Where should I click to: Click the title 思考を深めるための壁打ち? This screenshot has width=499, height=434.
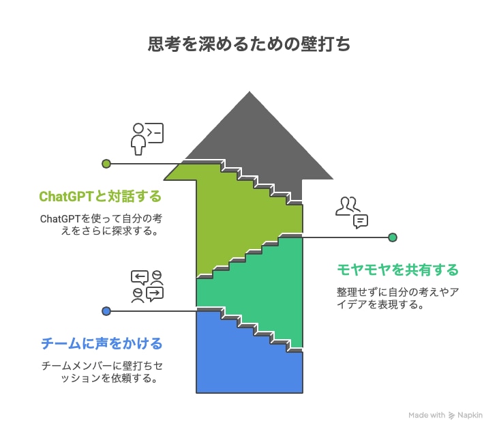249,45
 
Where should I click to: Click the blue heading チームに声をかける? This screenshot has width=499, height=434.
102,343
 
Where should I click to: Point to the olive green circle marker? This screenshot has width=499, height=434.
106,164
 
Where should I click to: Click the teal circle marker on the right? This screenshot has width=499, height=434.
393,237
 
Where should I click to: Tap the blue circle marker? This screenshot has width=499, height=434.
106,311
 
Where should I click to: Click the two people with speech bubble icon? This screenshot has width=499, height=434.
352,212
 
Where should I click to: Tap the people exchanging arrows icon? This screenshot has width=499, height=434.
147,285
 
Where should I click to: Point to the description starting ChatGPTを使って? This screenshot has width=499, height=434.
100,225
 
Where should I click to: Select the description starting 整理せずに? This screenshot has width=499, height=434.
397,298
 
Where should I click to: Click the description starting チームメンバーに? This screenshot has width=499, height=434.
102,372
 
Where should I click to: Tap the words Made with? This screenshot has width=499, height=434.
427,415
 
